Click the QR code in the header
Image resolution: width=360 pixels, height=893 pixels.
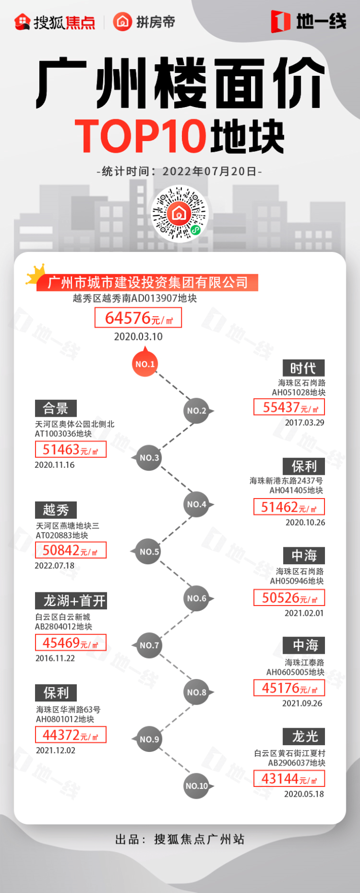pyautogui.click(x=180, y=213)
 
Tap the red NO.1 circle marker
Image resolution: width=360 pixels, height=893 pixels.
pyautogui.click(x=145, y=364)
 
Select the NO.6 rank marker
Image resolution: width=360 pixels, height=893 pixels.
pyautogui.click(x=197, y=598)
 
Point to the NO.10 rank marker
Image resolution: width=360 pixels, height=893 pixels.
pyautogui.click(x=197, y=786)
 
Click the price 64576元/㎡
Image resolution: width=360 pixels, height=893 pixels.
pyautogui.click(x=138, y=318)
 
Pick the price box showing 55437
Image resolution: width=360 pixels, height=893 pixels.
pyautogui.click(x=289, y=407)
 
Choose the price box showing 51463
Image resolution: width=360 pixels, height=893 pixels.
pyautogui.click(x=71, y=449)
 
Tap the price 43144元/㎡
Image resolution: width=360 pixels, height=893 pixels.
pyautogui.click(x=289, y=779)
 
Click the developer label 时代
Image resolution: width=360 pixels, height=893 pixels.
pyautogui.click(x=304, y=368)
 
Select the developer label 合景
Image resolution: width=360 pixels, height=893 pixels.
pyautogui.click(x=56, y=408)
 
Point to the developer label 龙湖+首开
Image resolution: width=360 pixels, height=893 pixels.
pyautogui.click(x=71, y=601)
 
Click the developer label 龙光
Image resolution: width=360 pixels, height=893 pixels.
pyautogui.click(x=305, y=736)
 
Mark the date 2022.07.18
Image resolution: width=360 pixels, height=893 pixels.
pyautogui.click(x=54, y=566)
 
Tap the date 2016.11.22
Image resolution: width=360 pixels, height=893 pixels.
pyautogui.click(x=55, y=658)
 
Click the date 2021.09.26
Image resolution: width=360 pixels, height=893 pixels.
pyautogui.click(x=302, y=703)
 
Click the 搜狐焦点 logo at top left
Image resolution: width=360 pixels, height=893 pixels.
pyautogui.click(x=54, y=22)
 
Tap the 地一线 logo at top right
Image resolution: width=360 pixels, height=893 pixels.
pyautogui.click(x=308, y=21)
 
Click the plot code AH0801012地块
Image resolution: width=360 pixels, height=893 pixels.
pyautogui.click(x=65, y=719)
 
